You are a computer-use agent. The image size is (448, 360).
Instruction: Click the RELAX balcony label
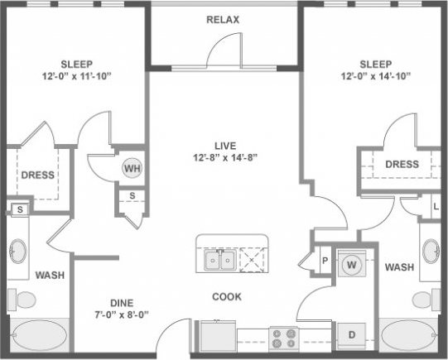223,18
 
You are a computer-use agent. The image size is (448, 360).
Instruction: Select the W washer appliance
350,266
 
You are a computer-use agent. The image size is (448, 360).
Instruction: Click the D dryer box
351,334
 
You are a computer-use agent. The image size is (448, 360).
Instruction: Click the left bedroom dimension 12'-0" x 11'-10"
76,77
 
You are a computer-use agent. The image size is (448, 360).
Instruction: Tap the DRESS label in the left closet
36,175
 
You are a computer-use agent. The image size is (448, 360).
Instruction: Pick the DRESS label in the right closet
402,164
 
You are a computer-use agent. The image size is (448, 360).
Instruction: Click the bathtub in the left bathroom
40,336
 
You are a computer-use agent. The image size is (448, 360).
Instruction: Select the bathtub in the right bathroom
410,336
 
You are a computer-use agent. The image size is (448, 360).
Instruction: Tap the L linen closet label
436,206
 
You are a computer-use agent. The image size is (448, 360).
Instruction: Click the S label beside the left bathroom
20,210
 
